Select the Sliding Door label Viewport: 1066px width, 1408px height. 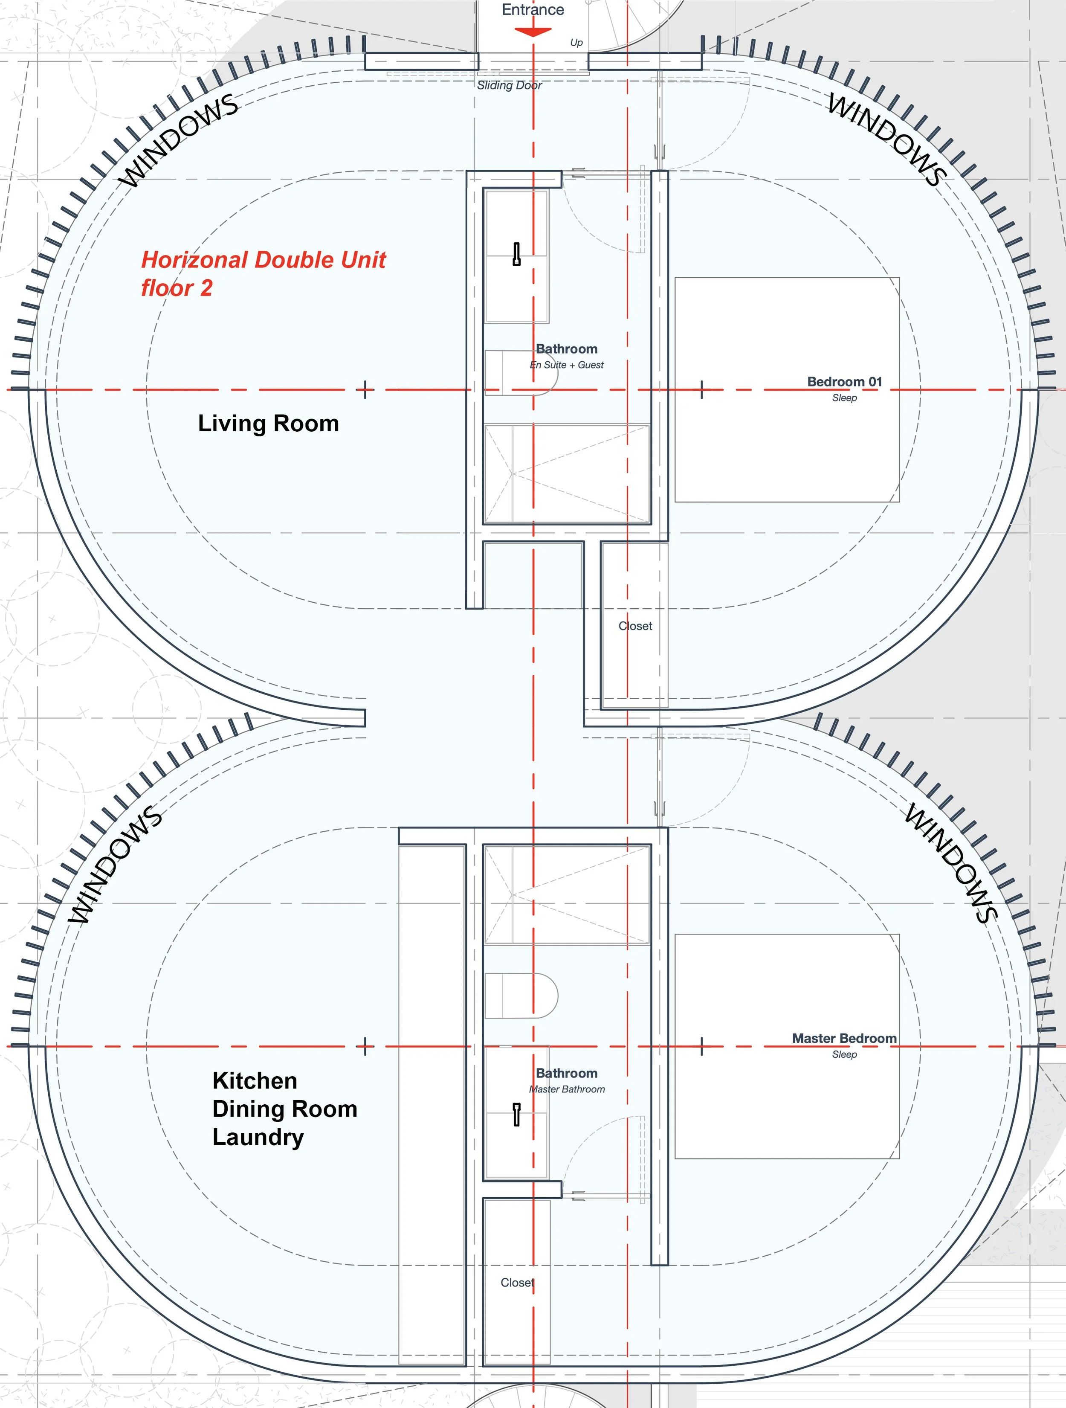[509, 85]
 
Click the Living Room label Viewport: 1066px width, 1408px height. [268, 423]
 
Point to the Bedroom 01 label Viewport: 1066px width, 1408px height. [845, 382]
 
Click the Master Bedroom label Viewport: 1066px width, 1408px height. [844, 1038]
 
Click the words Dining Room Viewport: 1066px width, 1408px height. [284, 1109]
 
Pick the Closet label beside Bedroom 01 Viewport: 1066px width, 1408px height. [635, 626]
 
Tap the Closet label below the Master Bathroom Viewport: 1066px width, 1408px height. [517, 1283]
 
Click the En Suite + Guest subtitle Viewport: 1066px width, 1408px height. [566, 365]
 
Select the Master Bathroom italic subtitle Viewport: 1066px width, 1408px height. [566, 1089]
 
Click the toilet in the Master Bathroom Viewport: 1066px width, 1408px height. [522, 995]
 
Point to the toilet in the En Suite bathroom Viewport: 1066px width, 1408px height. [522, 372]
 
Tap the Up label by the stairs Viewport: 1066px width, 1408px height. [576, 43]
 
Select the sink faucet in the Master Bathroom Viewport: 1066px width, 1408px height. [516, 1115]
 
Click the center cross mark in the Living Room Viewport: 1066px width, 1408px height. [365, 389]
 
